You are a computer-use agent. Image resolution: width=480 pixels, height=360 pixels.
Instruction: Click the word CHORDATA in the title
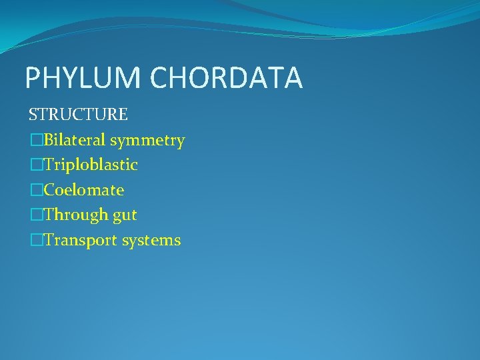click(227, 78)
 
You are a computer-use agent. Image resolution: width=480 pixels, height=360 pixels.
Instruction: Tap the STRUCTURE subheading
click(78, 115)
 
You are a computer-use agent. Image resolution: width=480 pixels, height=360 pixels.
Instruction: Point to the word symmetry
click(148, 141)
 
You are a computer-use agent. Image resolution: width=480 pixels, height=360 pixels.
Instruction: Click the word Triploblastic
click(91, 165)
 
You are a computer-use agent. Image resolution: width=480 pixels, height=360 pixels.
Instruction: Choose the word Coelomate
click(84, 190)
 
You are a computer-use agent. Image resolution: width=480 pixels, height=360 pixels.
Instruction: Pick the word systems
click(151, 241)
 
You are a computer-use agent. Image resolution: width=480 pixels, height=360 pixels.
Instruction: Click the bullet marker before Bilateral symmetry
click(35, 140)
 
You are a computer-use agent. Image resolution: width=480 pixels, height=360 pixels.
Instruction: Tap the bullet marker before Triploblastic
click(35, 165)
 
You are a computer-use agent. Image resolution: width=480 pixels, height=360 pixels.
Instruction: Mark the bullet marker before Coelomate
click(35, 190)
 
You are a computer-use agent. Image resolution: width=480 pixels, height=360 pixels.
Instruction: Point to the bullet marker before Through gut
click(35, 215)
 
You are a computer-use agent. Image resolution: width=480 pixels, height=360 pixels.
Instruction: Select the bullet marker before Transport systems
click(35, 240)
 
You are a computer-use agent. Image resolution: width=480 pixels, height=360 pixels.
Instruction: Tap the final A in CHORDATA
click(293, 78)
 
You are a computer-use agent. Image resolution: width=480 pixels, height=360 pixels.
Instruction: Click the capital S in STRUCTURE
click(33, 115)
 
